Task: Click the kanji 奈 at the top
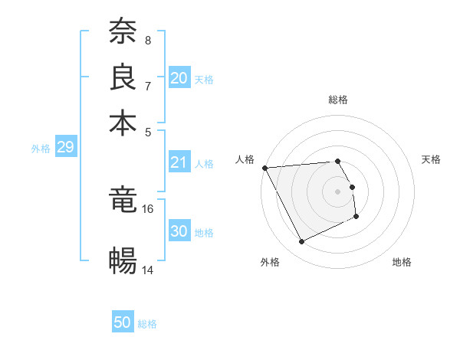(123, 31)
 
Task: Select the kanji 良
(123, 77)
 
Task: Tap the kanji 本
(123, 123)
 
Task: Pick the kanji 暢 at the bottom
(123, 261)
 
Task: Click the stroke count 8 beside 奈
(148, 40)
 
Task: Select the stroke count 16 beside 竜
(148, 208)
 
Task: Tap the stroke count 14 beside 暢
(148, 270)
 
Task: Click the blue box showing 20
(179, 78)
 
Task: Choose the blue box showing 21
(179, 162)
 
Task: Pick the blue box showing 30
(179, 231)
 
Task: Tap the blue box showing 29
(65, 147)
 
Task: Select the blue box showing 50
(123, 322)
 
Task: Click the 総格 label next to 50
(147, 324)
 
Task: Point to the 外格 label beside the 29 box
(40, 149)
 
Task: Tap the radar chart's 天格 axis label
(431, 159)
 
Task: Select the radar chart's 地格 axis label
(402, 262)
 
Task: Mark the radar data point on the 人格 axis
(264, 168)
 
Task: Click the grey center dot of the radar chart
(337, 191)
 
